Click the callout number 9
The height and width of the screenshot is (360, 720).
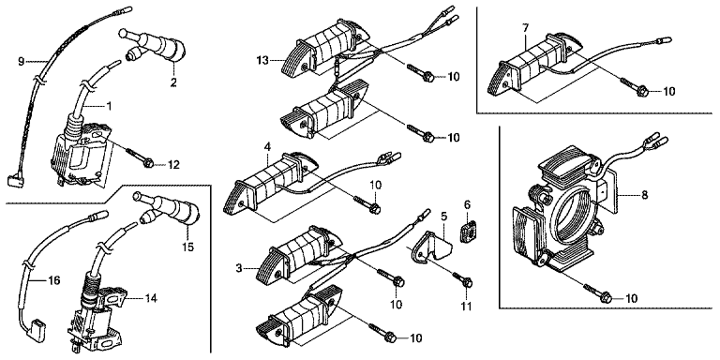click(22, 61)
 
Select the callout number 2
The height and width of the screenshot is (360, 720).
click(174, 82)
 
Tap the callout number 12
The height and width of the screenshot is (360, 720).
click(173, 164)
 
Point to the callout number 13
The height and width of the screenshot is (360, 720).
click(262, 60)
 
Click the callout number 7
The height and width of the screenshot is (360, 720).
click(525, 28)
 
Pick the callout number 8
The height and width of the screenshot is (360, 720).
click(644, 195)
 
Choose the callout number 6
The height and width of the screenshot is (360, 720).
click(467, 203)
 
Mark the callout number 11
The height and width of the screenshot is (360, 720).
click(467, 306)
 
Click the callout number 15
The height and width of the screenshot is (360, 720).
click(187, 247)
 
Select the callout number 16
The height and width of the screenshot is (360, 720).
click(54, 280)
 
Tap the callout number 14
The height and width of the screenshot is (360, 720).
click(150, 298)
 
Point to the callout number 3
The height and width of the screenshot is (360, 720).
click(239, 268)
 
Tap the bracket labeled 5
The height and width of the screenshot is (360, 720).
click(431, 248)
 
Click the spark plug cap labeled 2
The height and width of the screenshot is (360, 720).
click(154, 45)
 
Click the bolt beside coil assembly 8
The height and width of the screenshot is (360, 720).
click(597, 293)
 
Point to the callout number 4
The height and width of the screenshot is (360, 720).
click(267, 147)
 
